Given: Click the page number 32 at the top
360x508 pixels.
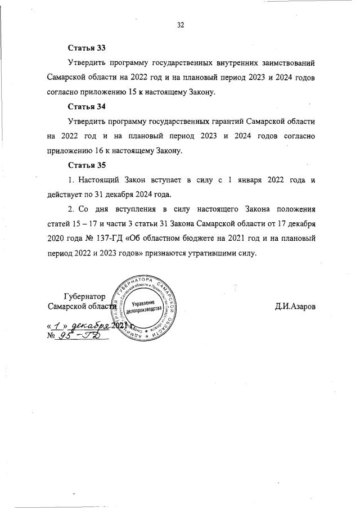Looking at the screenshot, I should point(181,24).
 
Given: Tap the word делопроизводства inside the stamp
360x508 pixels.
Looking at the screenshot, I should point(143,310).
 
